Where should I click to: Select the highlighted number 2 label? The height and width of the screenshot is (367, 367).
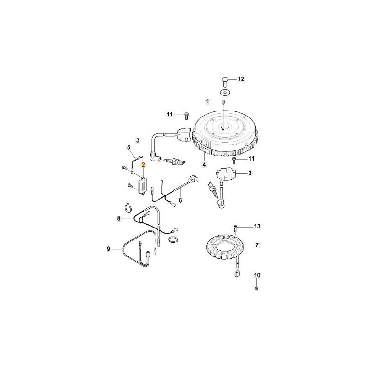point(143,164)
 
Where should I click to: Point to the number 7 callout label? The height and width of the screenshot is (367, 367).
point(256,246)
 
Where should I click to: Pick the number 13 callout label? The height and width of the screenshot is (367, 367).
point(257,227)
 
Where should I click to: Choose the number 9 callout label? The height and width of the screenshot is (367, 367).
point(109,249)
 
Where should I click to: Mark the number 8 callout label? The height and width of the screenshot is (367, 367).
point(118,220)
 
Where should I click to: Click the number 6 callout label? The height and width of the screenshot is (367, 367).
point(180,200)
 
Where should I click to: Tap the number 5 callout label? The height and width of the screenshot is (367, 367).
point(129,147)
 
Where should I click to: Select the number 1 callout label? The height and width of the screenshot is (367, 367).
point(207,101)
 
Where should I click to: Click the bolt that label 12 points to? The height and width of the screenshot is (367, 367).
point(224,81)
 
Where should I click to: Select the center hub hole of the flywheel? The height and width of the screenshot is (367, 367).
point(224,128)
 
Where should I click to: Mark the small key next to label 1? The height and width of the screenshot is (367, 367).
point(224,102)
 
